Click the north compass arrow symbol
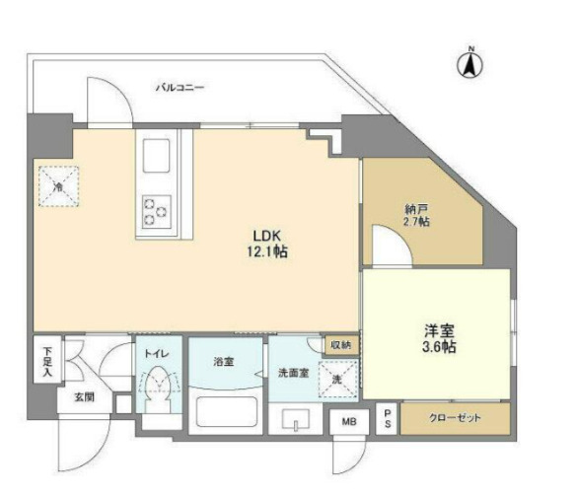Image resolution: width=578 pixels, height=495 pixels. point(470,64)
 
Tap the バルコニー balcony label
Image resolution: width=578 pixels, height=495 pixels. point(180,88)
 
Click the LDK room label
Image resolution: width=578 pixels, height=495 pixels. point(268,237)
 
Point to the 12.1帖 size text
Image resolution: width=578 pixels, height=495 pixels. point(268,252)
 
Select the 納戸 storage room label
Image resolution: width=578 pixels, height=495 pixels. point(416,209)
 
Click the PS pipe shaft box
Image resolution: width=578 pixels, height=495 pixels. point(388,418)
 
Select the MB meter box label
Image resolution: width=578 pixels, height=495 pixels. point(348,422)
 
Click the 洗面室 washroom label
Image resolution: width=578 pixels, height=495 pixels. point(293,372)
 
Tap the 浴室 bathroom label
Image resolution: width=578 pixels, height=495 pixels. point(223,362)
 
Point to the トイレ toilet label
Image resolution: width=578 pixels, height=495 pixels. point(158,352)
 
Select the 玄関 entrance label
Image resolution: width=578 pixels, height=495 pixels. point(82,397)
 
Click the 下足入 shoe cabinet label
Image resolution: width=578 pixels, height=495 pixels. point(47,359)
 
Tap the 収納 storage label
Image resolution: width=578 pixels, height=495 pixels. point(340,344)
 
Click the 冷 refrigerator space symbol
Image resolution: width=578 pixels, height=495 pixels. point(58,185)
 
